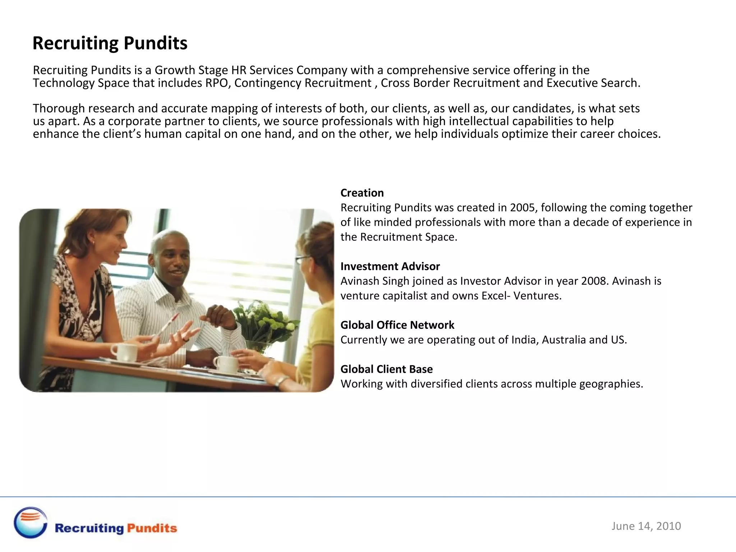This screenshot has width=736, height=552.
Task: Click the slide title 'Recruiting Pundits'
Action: click(x=110, y=43)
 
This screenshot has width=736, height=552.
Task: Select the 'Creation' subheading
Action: click(x=362, y=193)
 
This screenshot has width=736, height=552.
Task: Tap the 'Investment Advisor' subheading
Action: click(x=390, y=266)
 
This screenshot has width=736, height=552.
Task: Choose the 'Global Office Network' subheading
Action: click(x=397, y=325)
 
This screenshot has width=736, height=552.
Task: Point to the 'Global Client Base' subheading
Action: click(x=386, y=369)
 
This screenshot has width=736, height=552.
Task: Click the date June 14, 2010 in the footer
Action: click(x=646, y=526)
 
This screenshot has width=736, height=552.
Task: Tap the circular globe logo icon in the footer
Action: click(x=31, y=523)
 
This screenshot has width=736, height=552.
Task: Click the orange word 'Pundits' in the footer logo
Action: click(x=152, y=528)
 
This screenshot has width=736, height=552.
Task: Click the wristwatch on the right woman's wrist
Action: click(x=282, y=381)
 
